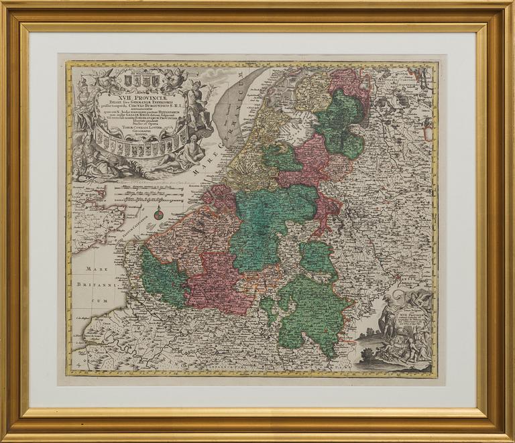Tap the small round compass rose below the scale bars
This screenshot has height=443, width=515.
pyautogui.click(x=159, y=215)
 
